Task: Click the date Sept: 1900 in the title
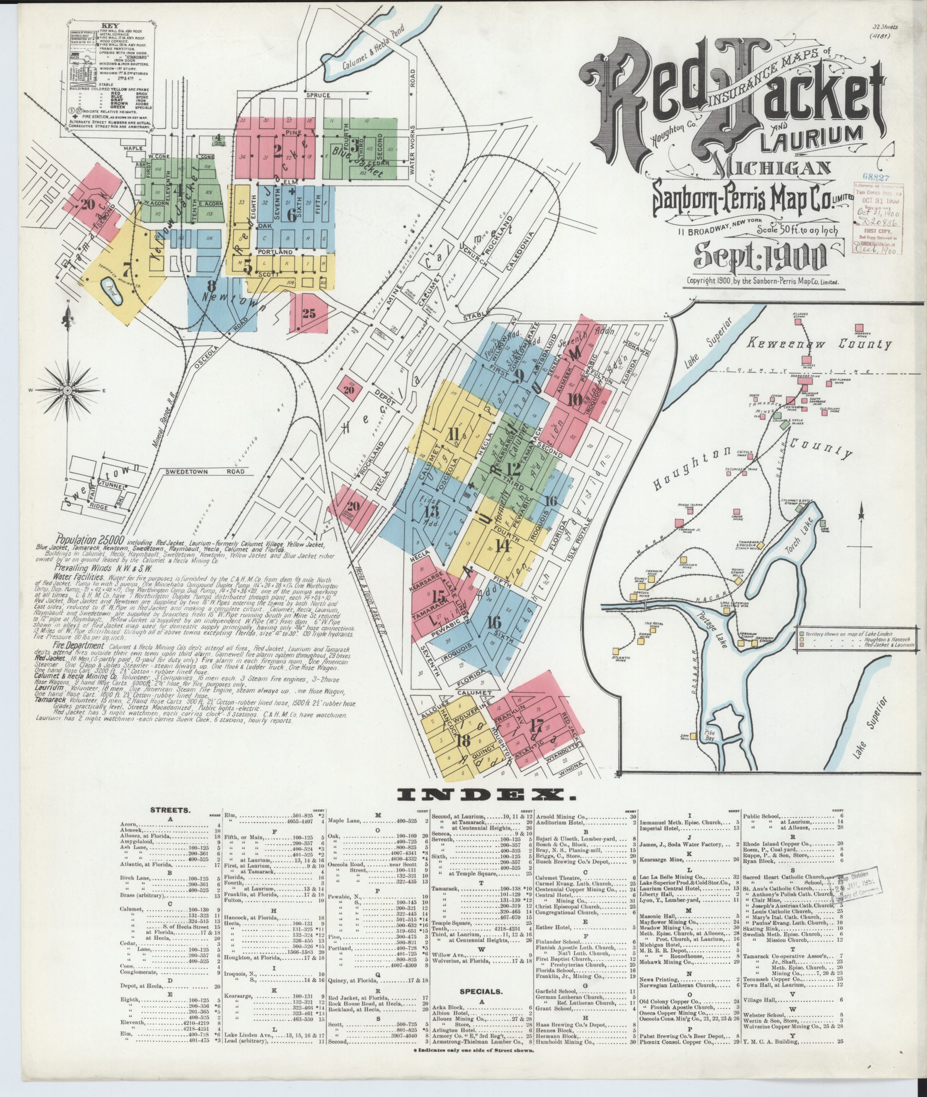760,256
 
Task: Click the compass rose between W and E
67,390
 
